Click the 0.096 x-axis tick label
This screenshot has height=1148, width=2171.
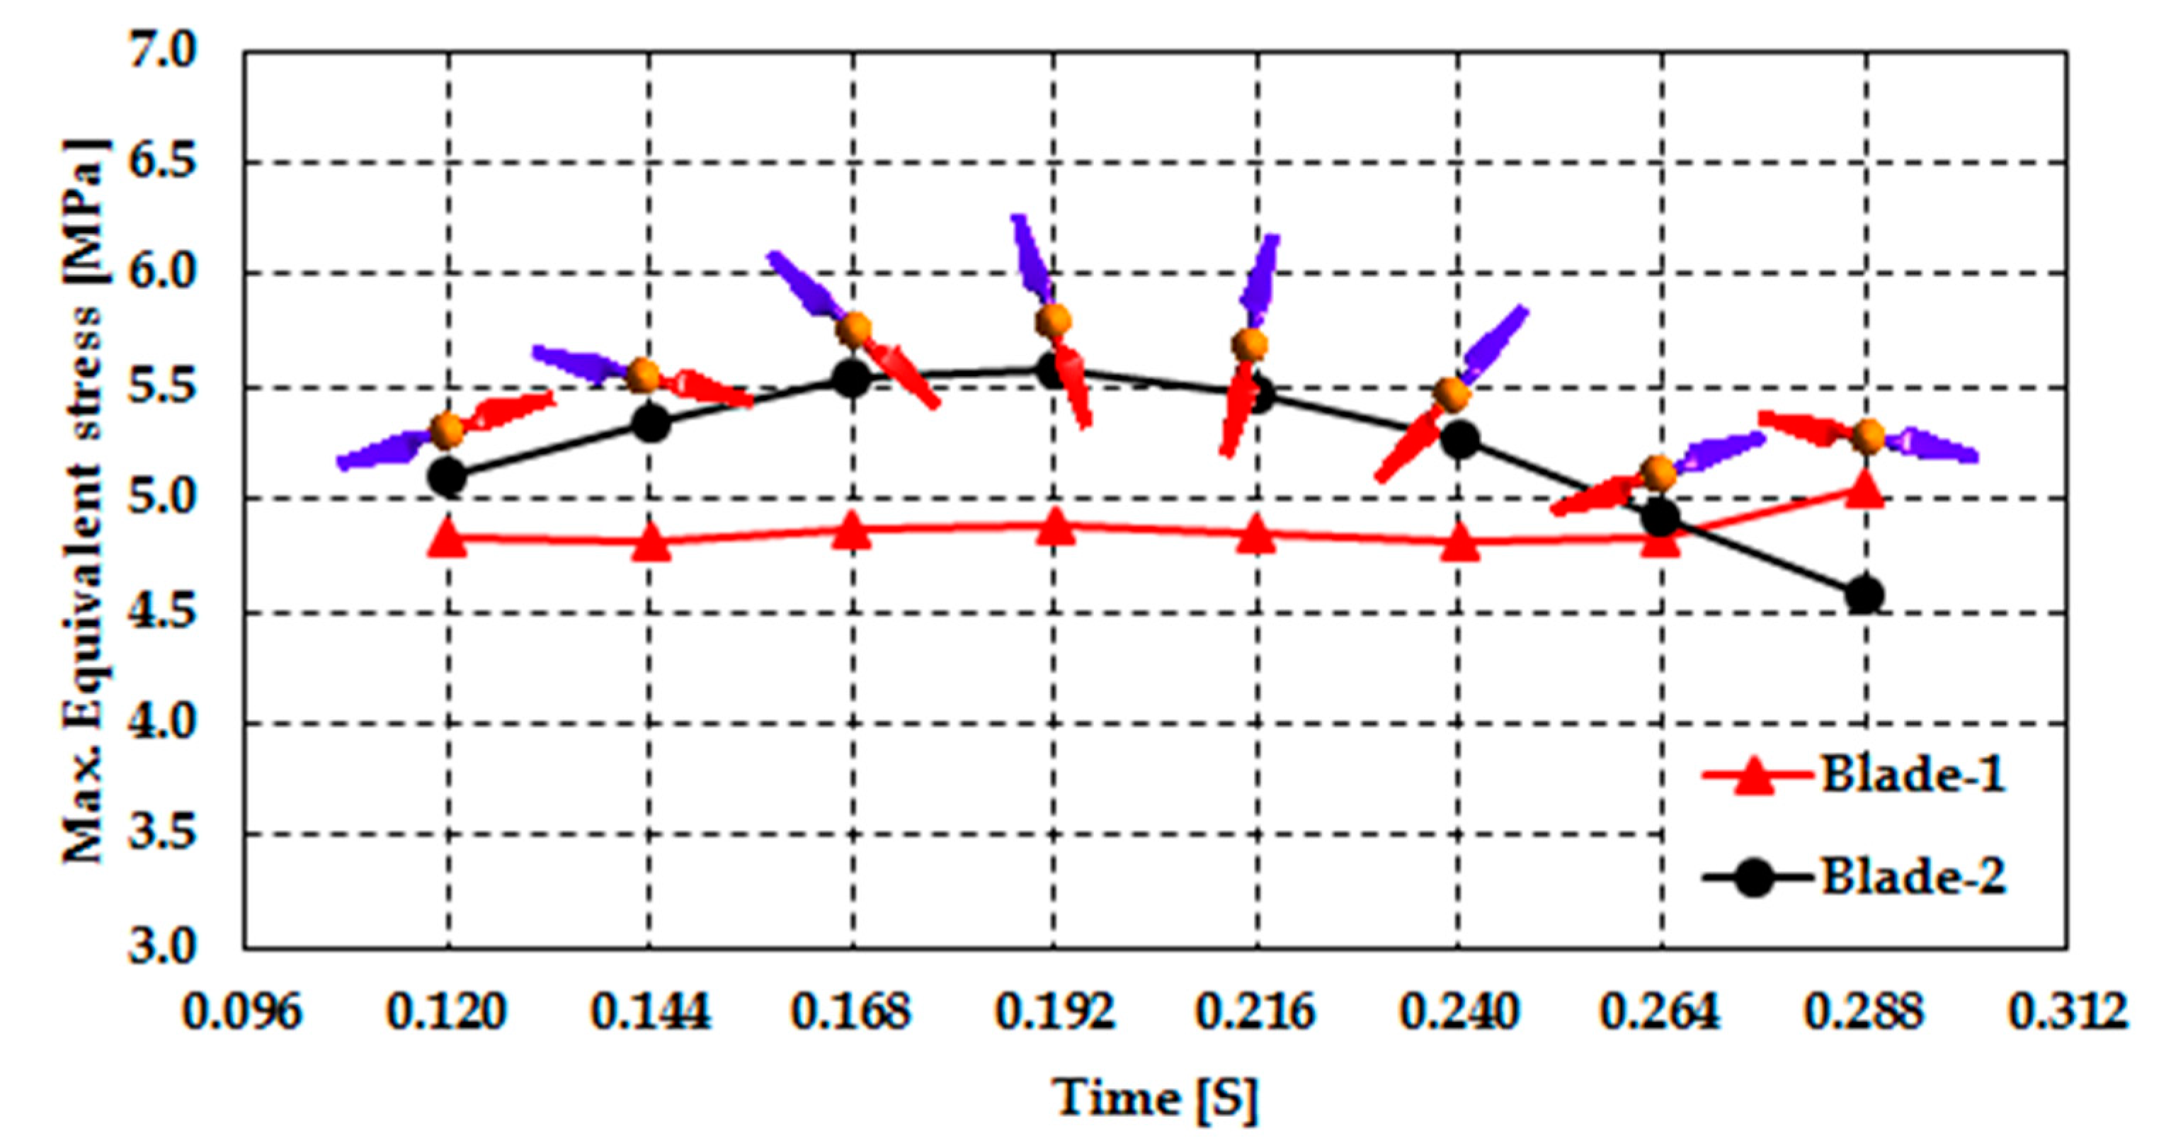tap(243, 1011)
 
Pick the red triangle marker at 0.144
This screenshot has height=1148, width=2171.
tap(651, 544)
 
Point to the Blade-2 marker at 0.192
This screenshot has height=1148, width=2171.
tap(1054, 371)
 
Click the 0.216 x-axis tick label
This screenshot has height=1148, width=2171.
tap(1255, 1011)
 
